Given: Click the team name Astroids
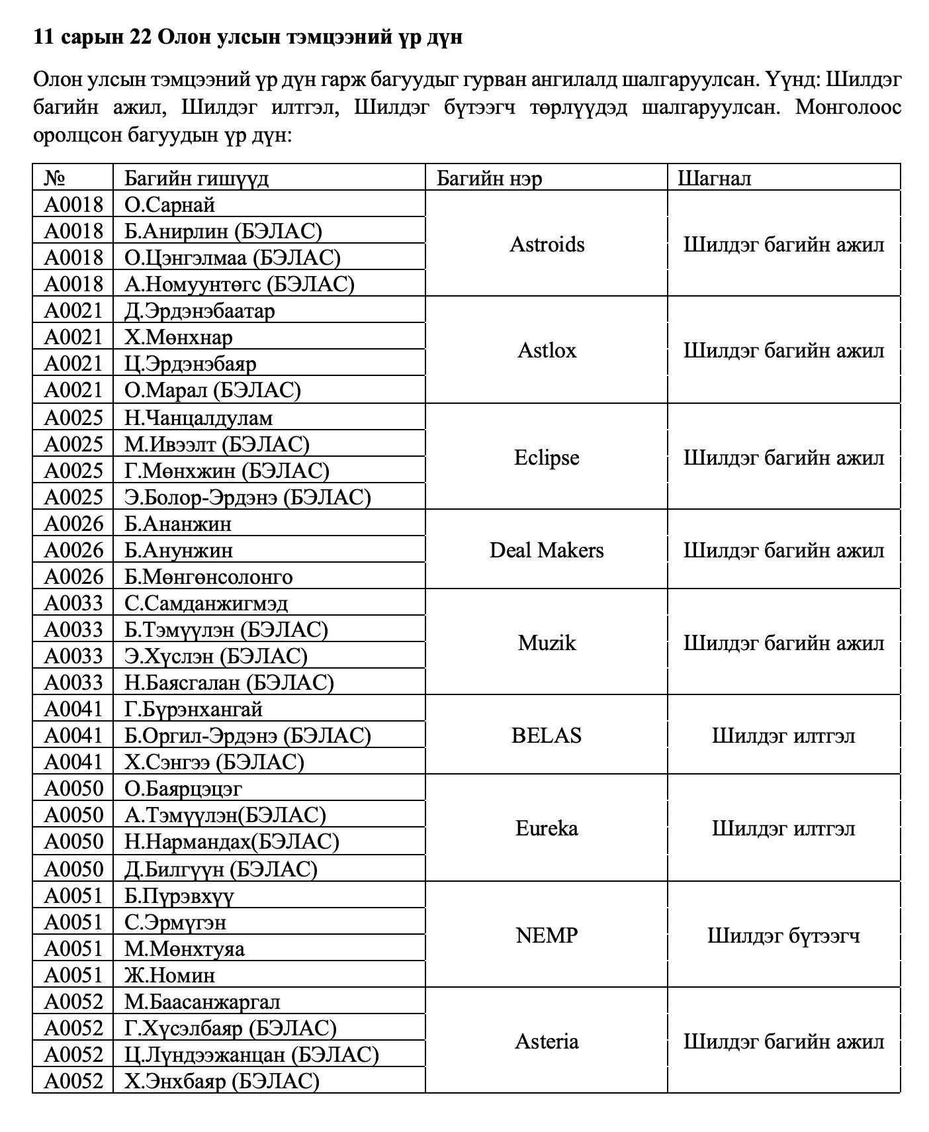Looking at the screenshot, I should coord(547,244).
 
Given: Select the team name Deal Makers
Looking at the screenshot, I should coord(547,550).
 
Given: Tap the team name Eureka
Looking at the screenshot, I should coord(547,828).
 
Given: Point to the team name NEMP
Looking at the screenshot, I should coord(547,935).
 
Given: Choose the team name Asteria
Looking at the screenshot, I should coord(547,1041).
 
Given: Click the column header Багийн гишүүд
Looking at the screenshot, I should coord(197,178).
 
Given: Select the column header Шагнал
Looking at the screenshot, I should coord(714,178).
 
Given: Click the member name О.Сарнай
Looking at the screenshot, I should coord(170,205).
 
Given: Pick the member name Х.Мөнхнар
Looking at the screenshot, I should coord(179,337).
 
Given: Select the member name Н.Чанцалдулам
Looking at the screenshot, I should coord(199,418).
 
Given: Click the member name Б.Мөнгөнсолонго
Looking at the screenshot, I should coord(208,577).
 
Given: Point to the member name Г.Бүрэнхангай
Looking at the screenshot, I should coord(194,709).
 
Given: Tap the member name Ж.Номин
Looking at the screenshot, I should coord(170,975).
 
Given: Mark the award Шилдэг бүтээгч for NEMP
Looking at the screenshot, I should coord(783,935).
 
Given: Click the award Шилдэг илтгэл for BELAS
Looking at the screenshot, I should coord(783,735).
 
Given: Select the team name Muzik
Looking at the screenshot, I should coord(547,643).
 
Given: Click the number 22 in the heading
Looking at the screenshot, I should coord(141,37).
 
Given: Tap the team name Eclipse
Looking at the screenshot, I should coord(547,457).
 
